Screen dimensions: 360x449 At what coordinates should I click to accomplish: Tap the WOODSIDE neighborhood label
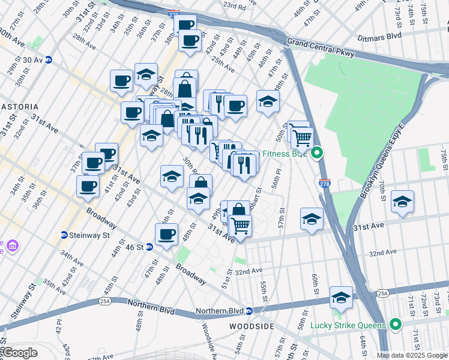(x=252, y=326)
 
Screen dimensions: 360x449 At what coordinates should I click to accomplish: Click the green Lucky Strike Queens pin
(x=395, y=325)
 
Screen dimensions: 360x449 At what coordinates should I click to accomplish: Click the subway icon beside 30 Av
(x=49, y=59)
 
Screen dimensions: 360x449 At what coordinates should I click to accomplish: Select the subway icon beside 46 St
(x=149, y=247)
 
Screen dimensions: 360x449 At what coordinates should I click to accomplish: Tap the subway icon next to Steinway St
(x=64, y=235)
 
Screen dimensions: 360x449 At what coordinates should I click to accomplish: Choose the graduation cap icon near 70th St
(x=402, y=201)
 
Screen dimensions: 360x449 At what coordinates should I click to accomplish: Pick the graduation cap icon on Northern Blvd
(x=340, y=297)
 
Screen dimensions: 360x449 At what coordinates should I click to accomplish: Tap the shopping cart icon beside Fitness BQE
(x=302, y=137)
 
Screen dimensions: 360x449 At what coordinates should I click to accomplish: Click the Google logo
(x=20, y=353)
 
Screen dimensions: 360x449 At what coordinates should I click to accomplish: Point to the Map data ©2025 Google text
(x=412, y=355)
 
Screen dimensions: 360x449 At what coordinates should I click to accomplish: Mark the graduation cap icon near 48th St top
(x=268, y=100)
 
